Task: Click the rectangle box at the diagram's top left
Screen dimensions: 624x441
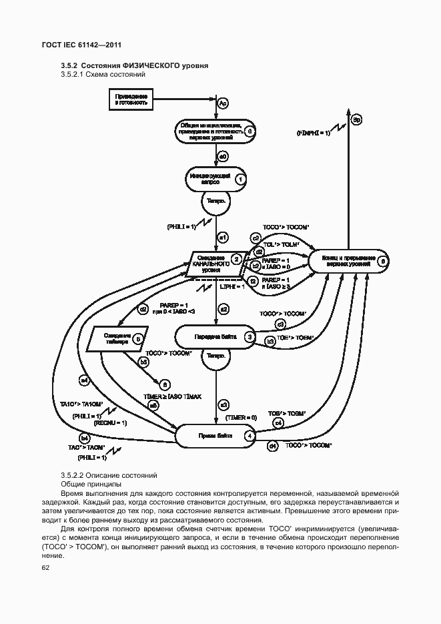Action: point(131,100)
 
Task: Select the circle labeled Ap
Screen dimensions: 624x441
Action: point(224,103)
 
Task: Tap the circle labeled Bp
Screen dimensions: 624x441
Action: point(357,119)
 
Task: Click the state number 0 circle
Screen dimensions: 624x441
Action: point(249,131)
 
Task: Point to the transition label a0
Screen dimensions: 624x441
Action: point(224,156)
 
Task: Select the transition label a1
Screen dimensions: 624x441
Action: point(224,237)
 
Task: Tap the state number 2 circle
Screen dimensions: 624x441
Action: point(236,259)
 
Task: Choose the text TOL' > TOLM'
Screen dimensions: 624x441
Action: point(280,244)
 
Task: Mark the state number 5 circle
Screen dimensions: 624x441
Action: point(137,339)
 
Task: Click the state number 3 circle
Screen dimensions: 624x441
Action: point(248,338)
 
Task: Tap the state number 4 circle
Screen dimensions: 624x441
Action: point(249,436)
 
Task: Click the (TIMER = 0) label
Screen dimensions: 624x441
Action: point(240,418)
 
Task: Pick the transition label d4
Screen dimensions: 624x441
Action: point(272,445)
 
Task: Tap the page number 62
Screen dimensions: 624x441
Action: point(46,568)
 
